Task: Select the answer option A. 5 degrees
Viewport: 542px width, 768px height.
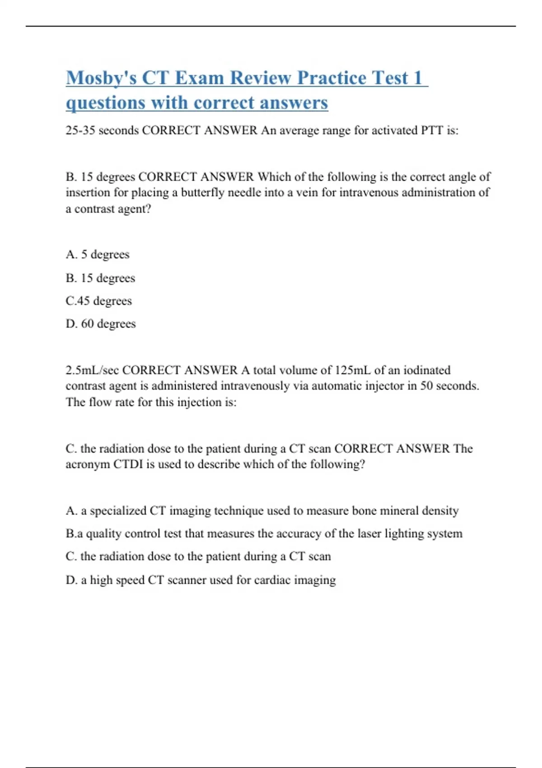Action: point(98,254)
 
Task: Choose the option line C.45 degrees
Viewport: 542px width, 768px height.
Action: point(98,301)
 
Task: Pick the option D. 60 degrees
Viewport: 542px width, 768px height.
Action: point(100,324)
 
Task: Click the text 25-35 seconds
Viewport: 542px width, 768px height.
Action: point(102,131)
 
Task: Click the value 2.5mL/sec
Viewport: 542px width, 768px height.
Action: point(92,370)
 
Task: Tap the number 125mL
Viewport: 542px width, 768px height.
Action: point(352,370)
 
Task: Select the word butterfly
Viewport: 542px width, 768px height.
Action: point(203,193)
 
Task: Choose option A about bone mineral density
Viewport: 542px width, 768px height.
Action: point(262,511)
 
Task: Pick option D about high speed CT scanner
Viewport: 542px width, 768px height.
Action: point(201,580)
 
